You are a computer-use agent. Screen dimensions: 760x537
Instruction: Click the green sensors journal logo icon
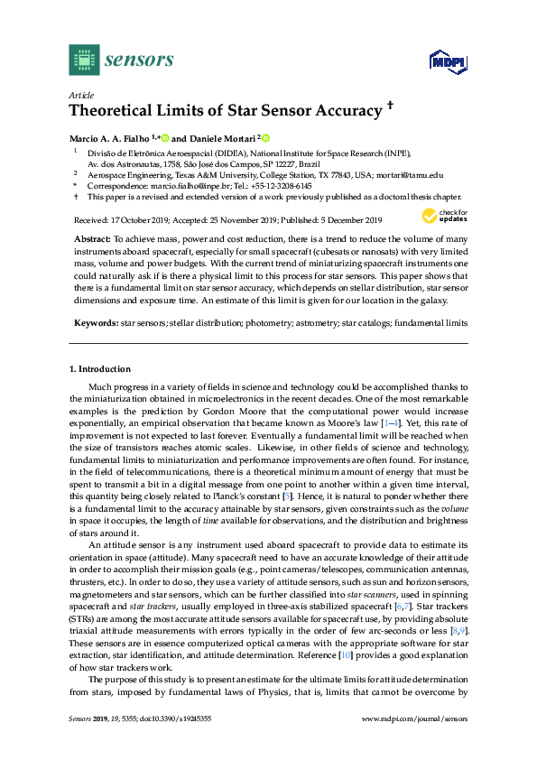(x=84, y=60)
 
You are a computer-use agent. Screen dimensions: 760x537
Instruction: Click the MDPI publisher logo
(x=445, y=61)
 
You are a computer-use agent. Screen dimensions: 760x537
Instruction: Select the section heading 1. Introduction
(x=100, y=369)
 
